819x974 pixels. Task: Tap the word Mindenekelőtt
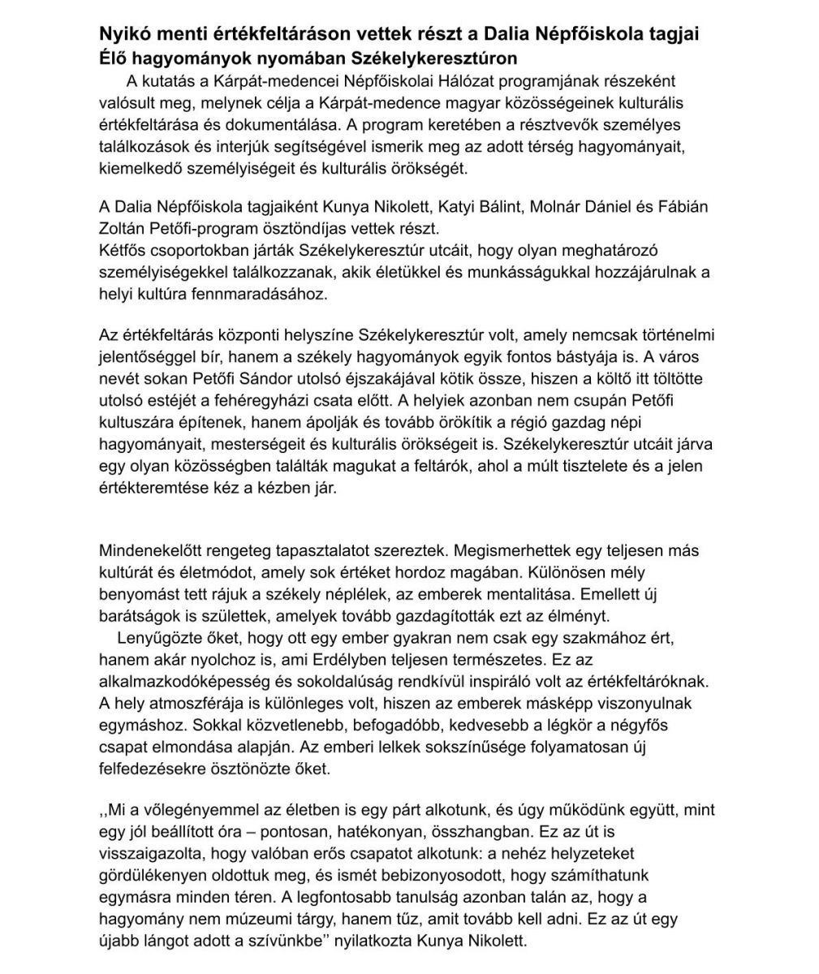point(149,552)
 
